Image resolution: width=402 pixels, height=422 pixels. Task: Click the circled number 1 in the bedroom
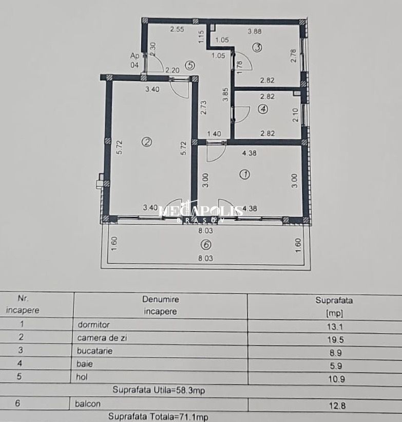click(x=245, y=174)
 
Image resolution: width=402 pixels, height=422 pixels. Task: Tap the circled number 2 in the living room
click(x=147, y=142)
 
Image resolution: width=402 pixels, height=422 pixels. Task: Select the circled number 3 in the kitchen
click(x=257, y=48)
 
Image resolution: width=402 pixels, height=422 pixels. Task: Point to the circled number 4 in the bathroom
click(x=263, y=108)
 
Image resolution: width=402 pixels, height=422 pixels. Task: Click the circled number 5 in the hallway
click(x=190, y=65)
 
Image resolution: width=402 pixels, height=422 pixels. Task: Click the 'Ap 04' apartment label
click(x=135, y=60)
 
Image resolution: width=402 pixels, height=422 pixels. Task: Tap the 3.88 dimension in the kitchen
click(x=255, y=31)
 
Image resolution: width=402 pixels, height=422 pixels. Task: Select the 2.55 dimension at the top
click(x=177, y=29)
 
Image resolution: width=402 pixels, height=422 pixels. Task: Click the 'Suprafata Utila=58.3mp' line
click(x=159, y=391)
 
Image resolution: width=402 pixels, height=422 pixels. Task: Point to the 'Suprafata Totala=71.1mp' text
click(x=159, y=417)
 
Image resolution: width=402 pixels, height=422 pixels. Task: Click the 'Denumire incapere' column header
click(x=161, y=305)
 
